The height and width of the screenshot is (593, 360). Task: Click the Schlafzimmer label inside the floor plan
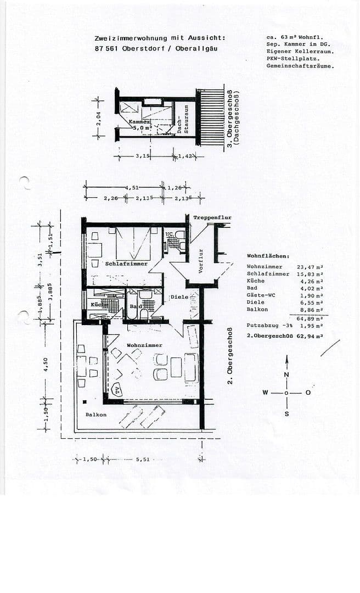point(127,264)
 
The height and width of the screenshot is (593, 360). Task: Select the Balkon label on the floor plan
point(96,415)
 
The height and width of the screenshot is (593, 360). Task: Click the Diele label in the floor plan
point(179,297)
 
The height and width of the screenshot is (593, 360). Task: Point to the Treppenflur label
point(212,217)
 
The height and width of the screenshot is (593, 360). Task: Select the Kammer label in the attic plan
point(139,122)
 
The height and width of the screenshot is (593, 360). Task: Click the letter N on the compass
point(286,374)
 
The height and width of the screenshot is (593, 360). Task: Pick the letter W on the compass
point(265,393)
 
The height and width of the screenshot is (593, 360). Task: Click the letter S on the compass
point(286,413)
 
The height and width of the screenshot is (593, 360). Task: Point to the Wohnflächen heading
point(268,256)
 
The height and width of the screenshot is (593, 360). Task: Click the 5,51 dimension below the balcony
point(142,459)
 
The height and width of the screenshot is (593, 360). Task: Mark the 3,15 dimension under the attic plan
point(142,156)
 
